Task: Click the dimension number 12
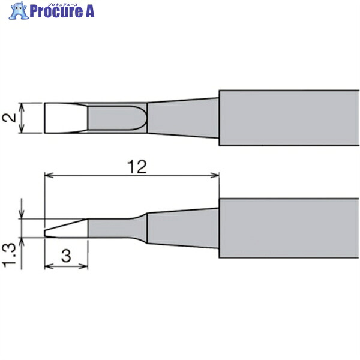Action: click(x=137, y=167)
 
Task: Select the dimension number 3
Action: click(x=66, y=256)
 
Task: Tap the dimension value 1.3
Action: click(x=9, y=255)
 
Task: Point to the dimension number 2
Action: click(x=9, y=118)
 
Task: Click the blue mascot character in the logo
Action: click(x=19, y=10)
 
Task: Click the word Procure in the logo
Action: click(x=56, y=11)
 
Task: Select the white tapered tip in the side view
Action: click(x=66, y=229)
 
